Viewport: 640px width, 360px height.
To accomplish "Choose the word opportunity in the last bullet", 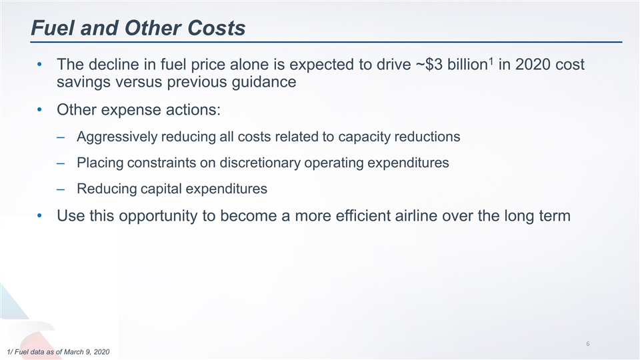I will tap(167, 216).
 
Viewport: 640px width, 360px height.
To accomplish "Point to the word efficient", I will tap(367, 216).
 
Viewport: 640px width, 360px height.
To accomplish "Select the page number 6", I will tap(587, 344).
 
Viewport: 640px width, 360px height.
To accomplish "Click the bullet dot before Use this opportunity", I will tap(41, 216).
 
